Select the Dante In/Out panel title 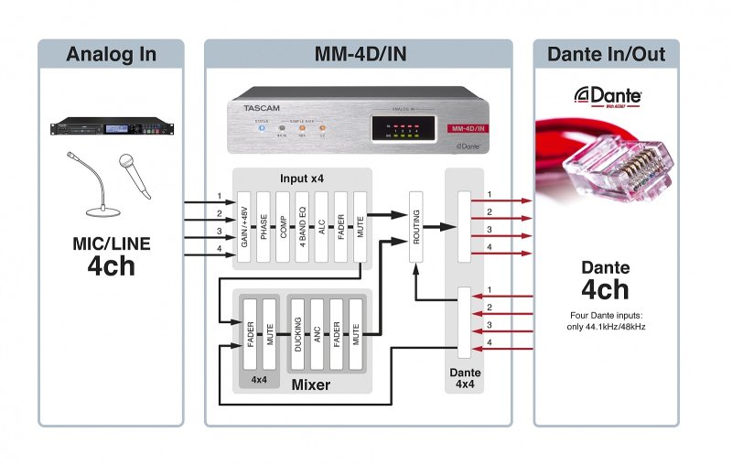click(x=606, y=54)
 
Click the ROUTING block click(x=416, y=225)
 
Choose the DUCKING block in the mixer click(x=297, y=331)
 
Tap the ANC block click(x=317, y=331)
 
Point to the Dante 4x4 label click(x=465, y=379)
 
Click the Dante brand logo click(x=607, y=95)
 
